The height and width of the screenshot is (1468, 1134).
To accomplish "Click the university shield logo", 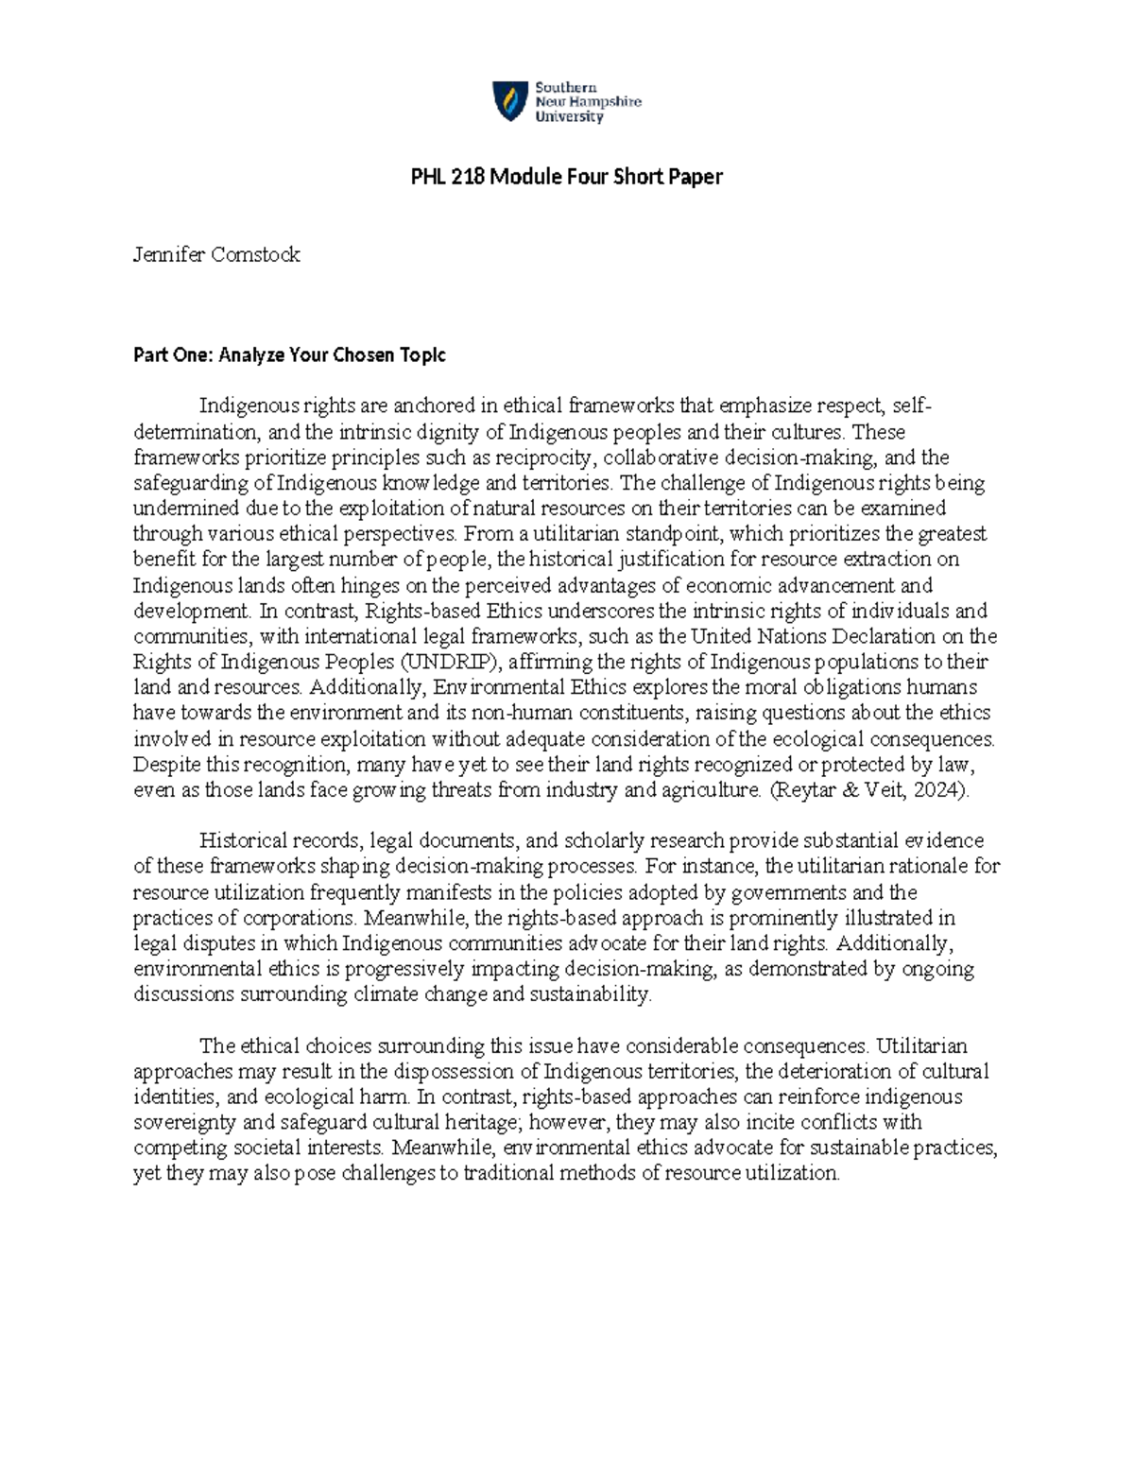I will click(x=509, y=101).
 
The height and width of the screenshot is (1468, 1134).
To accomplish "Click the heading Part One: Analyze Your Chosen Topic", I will click(x=289, y=355).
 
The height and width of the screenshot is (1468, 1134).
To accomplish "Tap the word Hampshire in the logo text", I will click(x=602, y=102).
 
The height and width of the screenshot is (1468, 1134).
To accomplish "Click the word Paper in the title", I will click(x=695, y=177).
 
